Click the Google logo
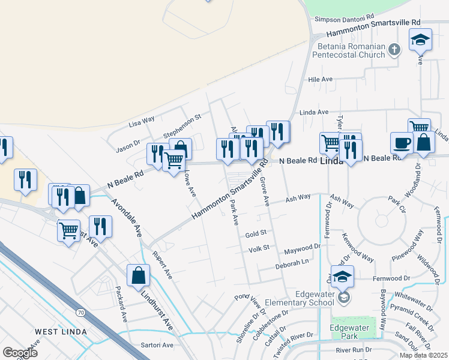point(20,352)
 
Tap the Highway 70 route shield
point(80,312)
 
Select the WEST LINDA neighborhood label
point(61,332)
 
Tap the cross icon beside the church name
point(394,50)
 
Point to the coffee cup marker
point(402,143)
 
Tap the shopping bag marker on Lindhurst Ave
point(138,275)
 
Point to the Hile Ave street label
point(320,79)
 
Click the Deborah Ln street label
point(292,262)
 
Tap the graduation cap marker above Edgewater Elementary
point(342,277)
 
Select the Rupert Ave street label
point(161,264)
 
